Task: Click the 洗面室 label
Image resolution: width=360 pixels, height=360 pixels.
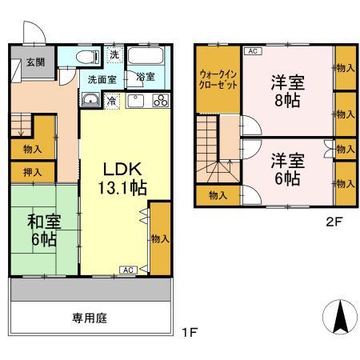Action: click(101, 80)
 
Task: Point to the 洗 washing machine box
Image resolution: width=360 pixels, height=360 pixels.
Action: click(114, 54)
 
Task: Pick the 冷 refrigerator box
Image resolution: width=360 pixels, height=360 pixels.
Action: click(111, 100)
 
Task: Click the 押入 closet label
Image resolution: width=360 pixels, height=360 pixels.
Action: click(31, 172)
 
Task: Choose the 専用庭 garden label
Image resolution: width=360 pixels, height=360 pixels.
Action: click(90, 318)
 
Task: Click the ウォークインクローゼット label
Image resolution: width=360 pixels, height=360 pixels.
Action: click(217, 81)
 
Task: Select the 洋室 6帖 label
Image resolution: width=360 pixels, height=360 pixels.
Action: click(286, 168)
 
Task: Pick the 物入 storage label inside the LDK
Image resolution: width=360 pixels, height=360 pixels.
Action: click(159, 238)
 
